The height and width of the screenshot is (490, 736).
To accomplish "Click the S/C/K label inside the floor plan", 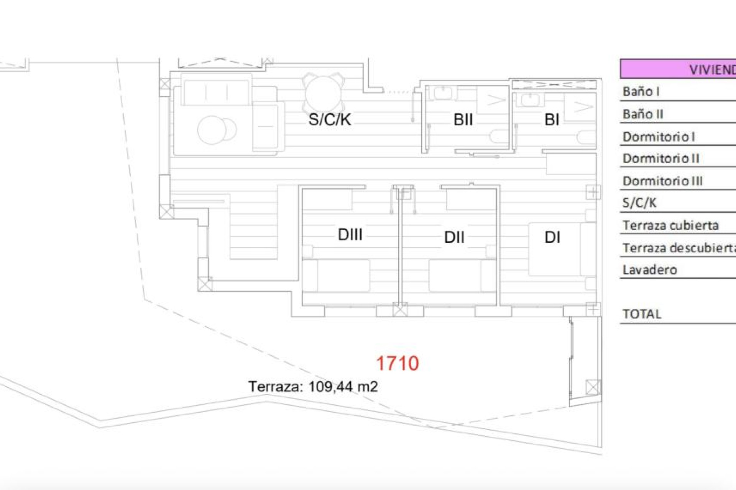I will (330, 119).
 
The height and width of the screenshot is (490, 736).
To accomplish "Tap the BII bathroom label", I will (463, 120).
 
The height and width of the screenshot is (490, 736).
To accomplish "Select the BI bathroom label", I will (552, 120).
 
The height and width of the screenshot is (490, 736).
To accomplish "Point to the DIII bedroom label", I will (350, 235).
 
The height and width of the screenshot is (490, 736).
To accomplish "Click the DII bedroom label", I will (454, 237).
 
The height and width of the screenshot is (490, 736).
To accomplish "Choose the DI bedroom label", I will (552, 237).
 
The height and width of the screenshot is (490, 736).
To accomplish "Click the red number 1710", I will (398, 363).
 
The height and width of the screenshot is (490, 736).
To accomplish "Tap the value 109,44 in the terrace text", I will (330, 387).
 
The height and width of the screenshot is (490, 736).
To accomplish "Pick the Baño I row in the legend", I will (641, 92).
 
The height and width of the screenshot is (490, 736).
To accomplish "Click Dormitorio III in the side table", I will (663, 181).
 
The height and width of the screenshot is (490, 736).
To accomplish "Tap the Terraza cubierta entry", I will (670, 225).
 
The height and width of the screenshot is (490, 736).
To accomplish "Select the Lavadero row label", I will (650, 270).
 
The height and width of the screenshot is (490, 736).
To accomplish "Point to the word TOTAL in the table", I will (642, 314).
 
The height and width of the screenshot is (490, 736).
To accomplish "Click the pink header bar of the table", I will (678, 69).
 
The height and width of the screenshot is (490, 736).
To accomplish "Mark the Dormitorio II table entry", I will (661, 158).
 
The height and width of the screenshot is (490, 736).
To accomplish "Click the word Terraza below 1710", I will (275, 387).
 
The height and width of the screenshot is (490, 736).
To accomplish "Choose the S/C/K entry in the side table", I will (639, 203).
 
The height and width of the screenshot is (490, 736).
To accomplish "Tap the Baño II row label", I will (643, 114).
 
